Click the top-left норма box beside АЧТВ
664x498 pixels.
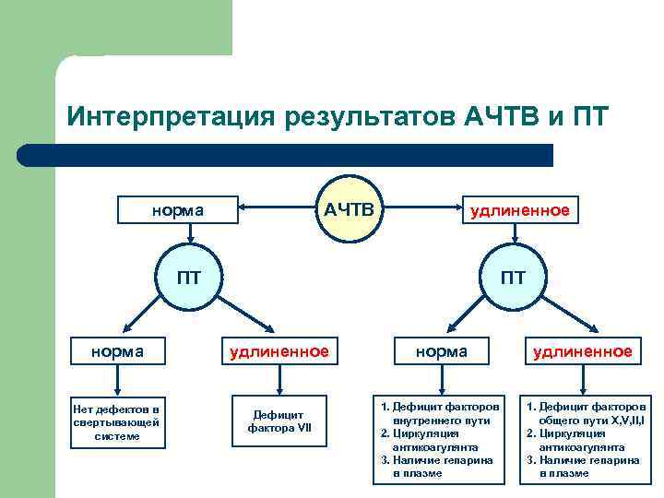177,209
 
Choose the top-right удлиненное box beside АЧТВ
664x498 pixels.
520,209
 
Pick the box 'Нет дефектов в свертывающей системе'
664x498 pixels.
117,422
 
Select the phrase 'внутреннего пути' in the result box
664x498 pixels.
445,420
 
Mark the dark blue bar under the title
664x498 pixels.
286,156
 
